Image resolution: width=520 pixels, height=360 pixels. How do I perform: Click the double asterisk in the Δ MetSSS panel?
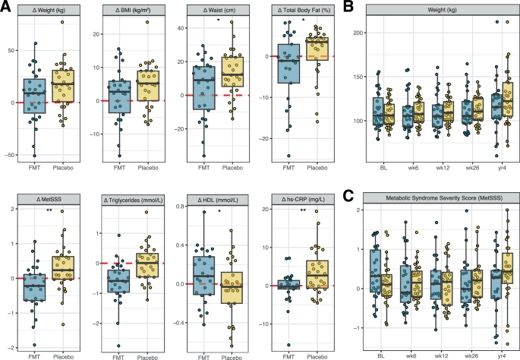coord(49,211)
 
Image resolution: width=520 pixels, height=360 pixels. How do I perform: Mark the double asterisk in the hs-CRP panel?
coord(304,211)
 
